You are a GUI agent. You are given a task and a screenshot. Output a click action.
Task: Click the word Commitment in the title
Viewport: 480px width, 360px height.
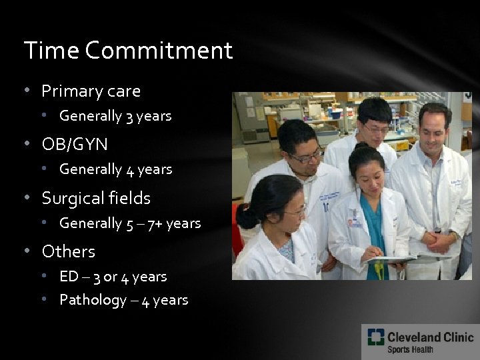(x=159, y=51)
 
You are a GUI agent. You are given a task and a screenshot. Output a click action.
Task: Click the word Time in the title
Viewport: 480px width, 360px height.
(x=51, y=51)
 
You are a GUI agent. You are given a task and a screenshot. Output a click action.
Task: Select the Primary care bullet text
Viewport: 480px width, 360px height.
(x=91, y=91)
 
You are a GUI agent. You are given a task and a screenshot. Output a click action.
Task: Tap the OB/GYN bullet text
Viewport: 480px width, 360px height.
(x=75, y=144)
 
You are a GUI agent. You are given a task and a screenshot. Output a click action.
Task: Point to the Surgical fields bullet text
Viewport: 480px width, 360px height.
(x=96, y=198)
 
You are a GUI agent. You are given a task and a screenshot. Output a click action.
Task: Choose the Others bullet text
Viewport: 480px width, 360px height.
(x=69, y=251)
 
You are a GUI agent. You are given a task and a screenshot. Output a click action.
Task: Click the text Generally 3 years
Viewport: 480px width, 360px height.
(x=115, y=116)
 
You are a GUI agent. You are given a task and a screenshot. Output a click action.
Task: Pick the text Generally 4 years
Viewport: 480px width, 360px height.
(x=115, y=169)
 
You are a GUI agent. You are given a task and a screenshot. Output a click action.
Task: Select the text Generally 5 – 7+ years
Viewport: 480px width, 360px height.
(x=130, y=223)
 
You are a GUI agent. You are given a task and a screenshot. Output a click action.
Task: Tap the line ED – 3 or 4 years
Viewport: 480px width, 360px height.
(x=113, y=276)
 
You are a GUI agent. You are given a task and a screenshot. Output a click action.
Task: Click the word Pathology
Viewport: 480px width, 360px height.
(x=93, y=300)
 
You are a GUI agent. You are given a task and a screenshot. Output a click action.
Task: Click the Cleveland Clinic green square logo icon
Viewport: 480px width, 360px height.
(x=375, y=337)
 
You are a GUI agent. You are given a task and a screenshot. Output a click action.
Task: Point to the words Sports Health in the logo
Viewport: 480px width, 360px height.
(x=410, y=349)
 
